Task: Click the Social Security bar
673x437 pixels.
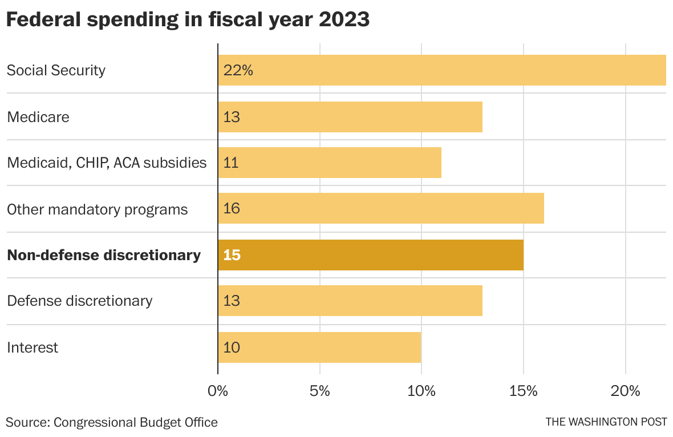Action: coord(442,70)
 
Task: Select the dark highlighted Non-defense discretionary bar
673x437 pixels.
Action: coord(371,255)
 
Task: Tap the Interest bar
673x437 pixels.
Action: coord(319,347)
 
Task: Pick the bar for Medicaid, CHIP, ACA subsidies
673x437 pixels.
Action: coord(330,163)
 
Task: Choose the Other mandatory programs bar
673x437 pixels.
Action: coord(381,208)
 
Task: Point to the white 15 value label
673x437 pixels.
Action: coord(232,255)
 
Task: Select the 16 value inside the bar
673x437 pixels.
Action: coord(232,208)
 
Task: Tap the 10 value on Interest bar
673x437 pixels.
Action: coord(232,347)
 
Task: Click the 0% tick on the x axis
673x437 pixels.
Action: coord(218,391)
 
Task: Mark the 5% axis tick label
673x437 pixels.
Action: coord(320,391)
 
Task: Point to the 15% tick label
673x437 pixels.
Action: coord(524,391)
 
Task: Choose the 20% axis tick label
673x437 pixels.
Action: coord(626,391)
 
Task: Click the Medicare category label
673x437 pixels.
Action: coord(38,117)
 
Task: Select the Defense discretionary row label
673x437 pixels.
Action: coord(79,301)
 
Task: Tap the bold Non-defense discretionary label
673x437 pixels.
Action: coord(104,255)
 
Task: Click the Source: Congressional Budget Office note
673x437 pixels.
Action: coord(112,422)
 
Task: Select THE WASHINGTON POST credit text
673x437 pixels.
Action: coord(606,422)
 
